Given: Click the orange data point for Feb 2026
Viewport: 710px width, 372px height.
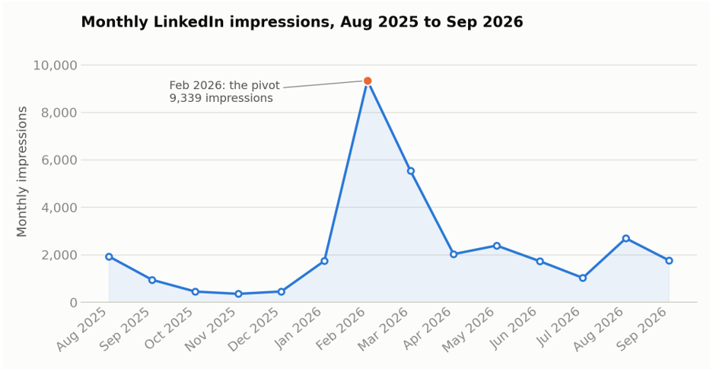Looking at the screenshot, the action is (x=368, y=81).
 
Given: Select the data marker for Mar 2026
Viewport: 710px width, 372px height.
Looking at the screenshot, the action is (x=411, y=171).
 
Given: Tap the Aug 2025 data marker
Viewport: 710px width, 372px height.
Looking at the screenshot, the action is (x=109, y=256).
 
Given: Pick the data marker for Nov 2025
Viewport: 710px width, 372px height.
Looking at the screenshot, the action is (x=238, y=294).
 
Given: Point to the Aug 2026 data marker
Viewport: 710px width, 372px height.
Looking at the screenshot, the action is (x=626, y=239).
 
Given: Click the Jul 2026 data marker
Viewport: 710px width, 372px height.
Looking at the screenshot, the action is (x=583, y=278).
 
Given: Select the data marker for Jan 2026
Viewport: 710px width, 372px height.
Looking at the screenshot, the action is (x=324, y=261).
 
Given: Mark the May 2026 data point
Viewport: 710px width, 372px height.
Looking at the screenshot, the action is (x=497, y=246).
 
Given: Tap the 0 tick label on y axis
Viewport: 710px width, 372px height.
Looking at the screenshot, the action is (x=74, y=303).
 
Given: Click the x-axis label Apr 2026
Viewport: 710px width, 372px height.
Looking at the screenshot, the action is (x=428, y=329).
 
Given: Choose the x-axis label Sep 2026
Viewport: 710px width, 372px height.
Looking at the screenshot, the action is (x=642, y=329).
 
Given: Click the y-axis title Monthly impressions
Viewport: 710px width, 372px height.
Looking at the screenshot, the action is (x=22, y=171).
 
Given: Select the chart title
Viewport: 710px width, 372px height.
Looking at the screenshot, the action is (x=302, y=22).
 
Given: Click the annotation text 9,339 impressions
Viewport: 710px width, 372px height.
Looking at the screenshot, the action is (x=221, y=98).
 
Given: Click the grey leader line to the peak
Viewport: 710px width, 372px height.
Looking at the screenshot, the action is (x=323, y=84).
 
